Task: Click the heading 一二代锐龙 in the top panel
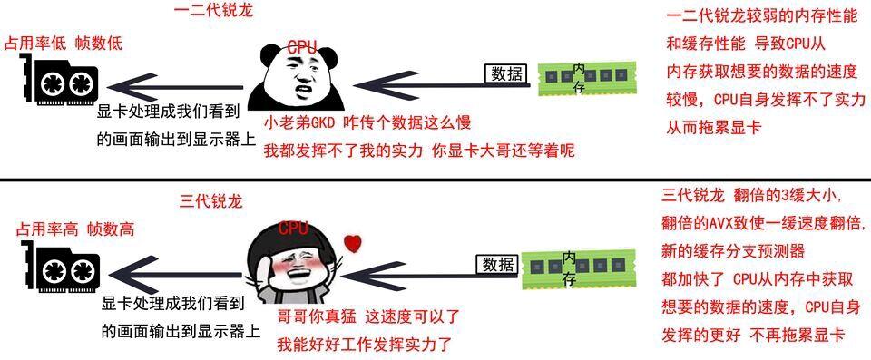point(213,11)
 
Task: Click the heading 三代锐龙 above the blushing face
point(211,201)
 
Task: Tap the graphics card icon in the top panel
point(61,83)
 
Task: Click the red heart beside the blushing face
point(352,243)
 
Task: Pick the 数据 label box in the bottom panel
point(499,265)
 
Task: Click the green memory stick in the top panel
point(589,78)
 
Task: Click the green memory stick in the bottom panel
point(581,269)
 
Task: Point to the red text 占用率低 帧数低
point(63,43)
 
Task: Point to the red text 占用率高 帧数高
point(69,229)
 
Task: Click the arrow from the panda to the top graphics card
point(175,87)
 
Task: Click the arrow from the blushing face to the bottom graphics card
point(175,275)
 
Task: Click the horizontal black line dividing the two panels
point(435,180)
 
